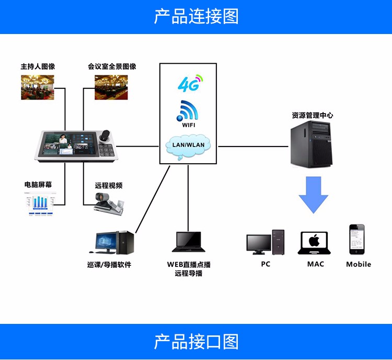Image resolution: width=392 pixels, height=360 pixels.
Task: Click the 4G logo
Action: [x=188, y=83]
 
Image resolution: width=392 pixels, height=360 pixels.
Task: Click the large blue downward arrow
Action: [x=314, y=195]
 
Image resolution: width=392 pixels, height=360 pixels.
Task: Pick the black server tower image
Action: [x=312, y=142]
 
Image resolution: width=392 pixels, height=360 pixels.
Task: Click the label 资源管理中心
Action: [x=312, y=115]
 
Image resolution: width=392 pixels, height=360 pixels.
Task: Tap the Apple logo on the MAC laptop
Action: [x=314, y=241]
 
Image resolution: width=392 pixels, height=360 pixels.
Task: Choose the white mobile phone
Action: [x=357, y=239]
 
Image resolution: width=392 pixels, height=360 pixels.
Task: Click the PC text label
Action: [x=266, y=264]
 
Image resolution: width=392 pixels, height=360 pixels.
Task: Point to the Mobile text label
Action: [x=359, y=264]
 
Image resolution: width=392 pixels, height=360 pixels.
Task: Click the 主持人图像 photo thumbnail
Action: [x=37, y=87]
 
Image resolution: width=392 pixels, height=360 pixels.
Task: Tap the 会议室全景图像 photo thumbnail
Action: [x=111, y=87]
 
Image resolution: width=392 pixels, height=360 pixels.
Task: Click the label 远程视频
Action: [x=109, y=185]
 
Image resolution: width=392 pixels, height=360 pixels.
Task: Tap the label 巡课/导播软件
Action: [x=109, y=265]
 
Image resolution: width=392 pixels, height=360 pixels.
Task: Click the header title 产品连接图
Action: [x=196, y=17]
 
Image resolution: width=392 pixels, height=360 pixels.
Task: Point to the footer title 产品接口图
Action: [x=196, y=342]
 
